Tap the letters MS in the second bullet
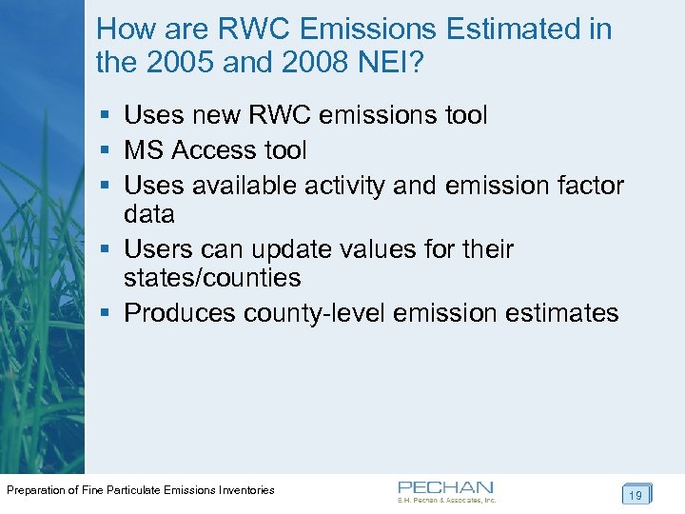tap(146, 150)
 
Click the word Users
tap(159, 249)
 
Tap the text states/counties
tap(212, 278)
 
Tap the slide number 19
tap(636, 495)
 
